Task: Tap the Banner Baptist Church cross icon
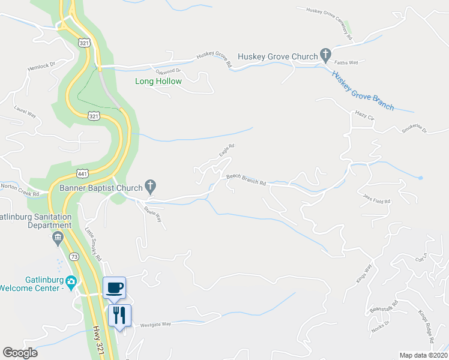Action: point(151,188)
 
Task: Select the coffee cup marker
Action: point(114,287)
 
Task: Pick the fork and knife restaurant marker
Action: point(119,314)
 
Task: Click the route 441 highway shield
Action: point(82,173)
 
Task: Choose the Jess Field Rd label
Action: point(376,197)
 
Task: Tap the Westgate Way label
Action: point(155,325)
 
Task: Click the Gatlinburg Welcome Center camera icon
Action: point(71,281)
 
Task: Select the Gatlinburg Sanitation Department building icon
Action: point(58,238)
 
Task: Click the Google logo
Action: point(20,353)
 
